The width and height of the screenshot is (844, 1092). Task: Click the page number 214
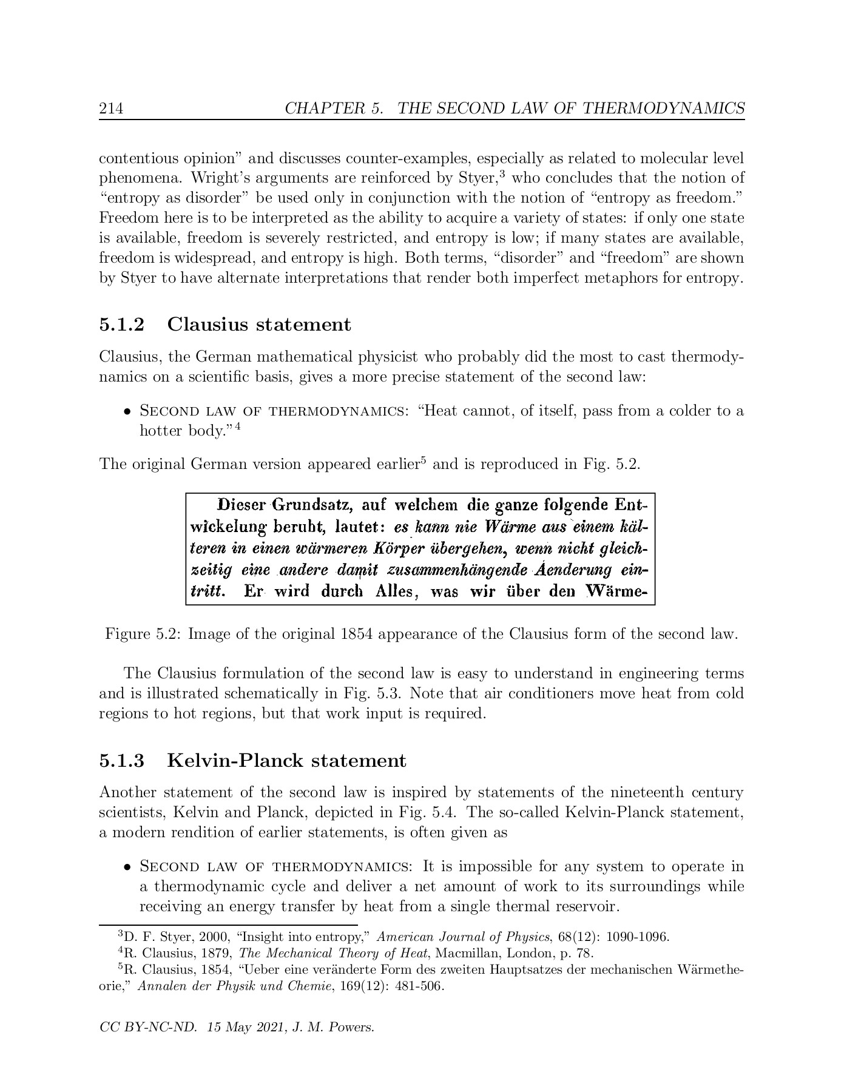pos(111,109)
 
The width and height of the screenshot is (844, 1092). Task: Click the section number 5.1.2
pos(122,325)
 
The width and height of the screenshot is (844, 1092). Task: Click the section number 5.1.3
pos(122,760)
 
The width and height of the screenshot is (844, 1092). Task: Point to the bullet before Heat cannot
pos(127,412)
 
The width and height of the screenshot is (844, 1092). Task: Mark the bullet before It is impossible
pos(127,867)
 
